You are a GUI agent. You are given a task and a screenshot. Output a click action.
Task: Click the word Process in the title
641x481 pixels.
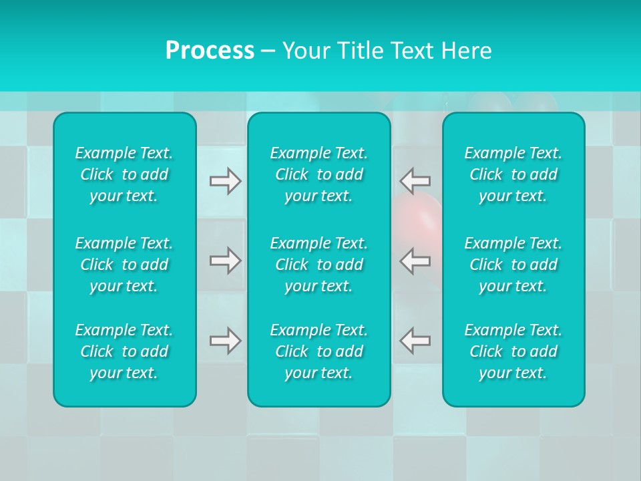210,51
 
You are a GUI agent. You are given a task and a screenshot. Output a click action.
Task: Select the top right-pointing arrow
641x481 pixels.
226,181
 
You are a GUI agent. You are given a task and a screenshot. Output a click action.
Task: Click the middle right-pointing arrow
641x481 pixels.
226,261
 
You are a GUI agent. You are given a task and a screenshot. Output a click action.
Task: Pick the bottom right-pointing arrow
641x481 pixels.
226,341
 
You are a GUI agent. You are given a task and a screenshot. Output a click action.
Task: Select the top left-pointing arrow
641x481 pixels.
415,181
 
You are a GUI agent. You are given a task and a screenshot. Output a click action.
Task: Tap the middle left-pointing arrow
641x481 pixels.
415,261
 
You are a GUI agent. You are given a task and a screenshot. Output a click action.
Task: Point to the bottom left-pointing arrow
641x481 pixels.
415,341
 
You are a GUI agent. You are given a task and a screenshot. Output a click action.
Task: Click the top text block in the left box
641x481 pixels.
124,174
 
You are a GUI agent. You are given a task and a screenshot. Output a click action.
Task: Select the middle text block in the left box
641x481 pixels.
124,265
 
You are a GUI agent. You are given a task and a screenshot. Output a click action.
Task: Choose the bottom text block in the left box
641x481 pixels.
124,351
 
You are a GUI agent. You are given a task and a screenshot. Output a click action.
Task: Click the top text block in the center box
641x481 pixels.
319,174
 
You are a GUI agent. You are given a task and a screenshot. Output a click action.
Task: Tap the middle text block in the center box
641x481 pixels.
319,265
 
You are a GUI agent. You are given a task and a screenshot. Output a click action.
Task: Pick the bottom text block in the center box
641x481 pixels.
319,351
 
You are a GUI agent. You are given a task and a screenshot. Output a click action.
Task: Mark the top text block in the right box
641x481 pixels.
513,174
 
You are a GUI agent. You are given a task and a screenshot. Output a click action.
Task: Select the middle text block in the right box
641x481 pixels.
513,265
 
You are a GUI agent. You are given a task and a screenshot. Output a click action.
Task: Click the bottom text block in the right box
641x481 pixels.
513,351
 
